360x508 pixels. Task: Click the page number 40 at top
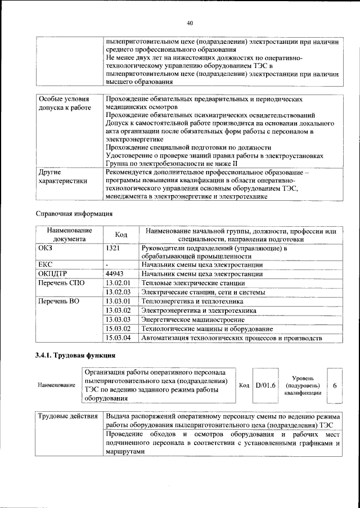point(190,23)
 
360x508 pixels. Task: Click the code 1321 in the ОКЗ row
point(114,248)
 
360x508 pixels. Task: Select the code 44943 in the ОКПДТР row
point(115,273)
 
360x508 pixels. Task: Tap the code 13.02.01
point(118,282)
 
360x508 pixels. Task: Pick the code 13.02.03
point(118,292)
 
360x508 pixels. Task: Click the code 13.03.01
point(118,302)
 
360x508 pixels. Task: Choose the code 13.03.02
point(118,311)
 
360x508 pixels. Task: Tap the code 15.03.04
point(118,338)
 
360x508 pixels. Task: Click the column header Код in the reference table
point(121,234)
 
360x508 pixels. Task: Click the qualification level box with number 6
point(335,385)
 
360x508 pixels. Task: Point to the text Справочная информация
point(74,214)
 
